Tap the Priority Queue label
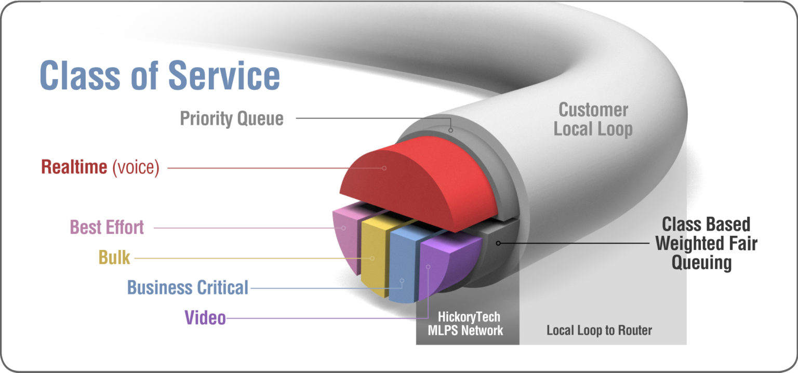click(232, 118)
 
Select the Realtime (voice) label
click(100, 168)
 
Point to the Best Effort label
click(107, 227)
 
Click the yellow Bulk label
click(114, 257)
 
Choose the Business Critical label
click(188, 287)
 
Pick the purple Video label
click(205, 317)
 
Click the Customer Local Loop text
click(593, 119)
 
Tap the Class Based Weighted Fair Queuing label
click(706, 243)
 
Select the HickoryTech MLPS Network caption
click(465, 323)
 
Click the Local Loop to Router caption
click(599, 330)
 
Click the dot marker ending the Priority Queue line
click(450, 130)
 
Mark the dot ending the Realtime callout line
click(384, 168)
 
